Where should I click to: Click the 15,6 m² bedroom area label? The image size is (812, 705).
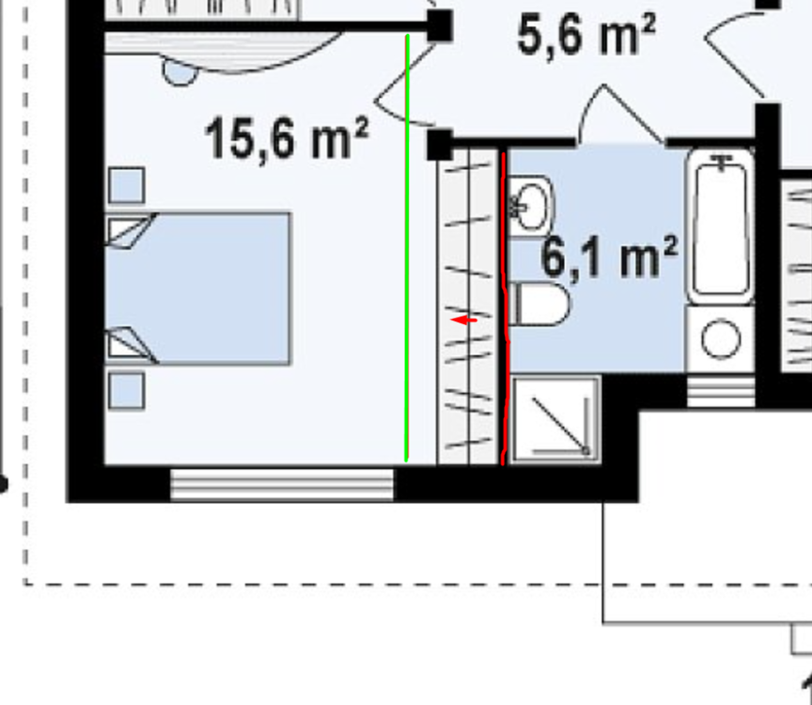[x=286, y=139]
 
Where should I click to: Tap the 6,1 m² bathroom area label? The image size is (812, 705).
[x=609, y=258]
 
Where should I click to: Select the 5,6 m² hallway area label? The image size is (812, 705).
[x=586, y=36]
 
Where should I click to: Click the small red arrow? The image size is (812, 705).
[x=464, y=321]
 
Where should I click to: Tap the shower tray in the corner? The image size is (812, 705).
[x=555, y=419]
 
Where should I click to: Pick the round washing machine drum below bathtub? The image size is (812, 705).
[x=721, y=339]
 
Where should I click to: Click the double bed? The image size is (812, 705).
[x=199, y=288]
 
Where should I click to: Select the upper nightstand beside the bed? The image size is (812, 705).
[x=127, y=185]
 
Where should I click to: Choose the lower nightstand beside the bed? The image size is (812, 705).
[x=127, y=390]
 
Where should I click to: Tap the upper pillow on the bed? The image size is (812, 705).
[x=130, y=230]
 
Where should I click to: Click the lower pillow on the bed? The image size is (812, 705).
[x=130, y=344]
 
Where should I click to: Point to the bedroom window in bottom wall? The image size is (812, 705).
[x=282, y=484]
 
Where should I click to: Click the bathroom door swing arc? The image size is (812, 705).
[x=620, y=115]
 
